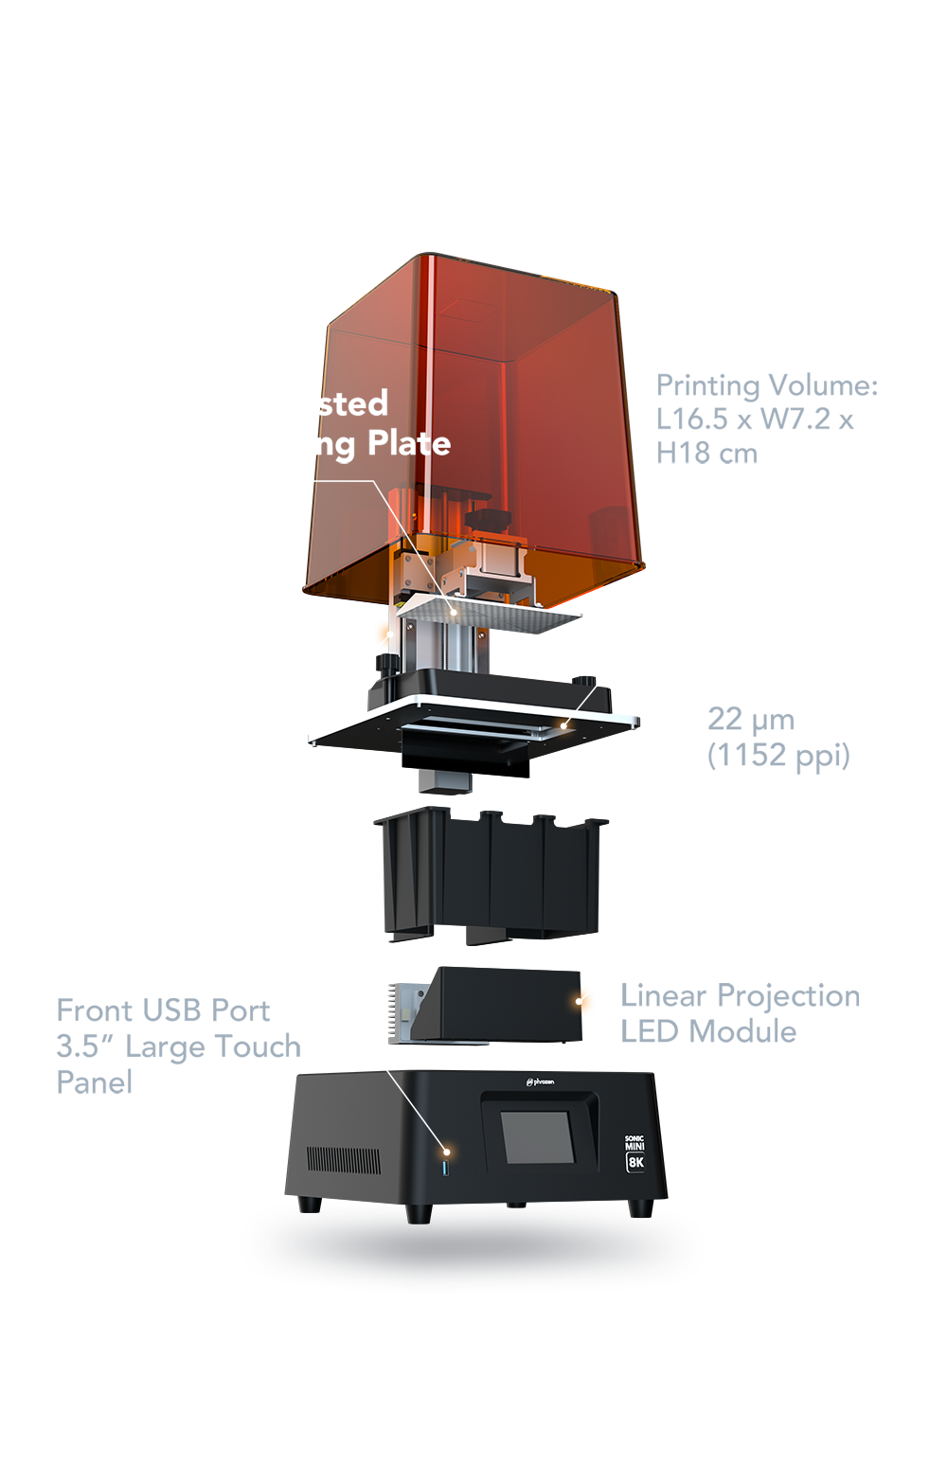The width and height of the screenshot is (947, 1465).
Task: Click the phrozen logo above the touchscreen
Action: [540, 1081]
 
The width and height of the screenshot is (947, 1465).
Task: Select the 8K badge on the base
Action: [635, 1161]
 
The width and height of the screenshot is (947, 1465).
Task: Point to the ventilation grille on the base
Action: [343, 1160]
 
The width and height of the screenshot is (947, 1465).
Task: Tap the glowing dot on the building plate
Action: [455, 611]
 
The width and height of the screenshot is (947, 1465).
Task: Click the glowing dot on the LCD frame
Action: [564, 725]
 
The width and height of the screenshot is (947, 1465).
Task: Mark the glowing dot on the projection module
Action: [580, 999]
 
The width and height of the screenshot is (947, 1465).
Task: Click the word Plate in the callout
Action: [409, 443]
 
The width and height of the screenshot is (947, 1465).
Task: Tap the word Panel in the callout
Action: [95, 1082]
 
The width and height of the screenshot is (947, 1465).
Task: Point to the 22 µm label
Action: [751, 719]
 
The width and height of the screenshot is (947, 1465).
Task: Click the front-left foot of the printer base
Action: [306, 1206]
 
